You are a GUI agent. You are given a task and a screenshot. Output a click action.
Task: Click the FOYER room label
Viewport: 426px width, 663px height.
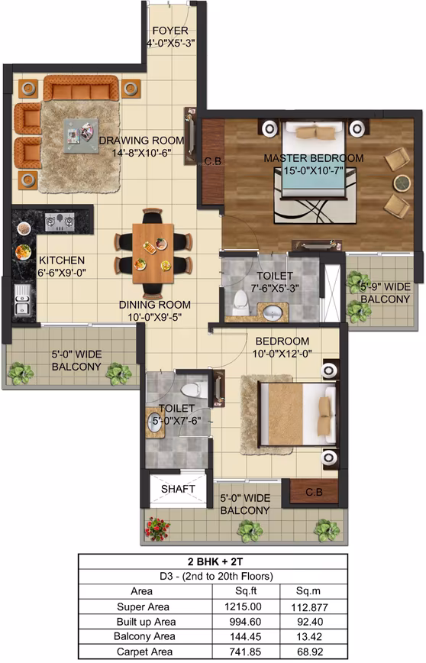pos(170,31)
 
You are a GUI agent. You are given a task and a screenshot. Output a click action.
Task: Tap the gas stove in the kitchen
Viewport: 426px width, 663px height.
pos(60,222)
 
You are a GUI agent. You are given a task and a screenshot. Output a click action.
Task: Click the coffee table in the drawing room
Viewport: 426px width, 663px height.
pos(81,136)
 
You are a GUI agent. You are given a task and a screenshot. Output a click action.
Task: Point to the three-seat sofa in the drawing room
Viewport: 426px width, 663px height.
pos(81,88)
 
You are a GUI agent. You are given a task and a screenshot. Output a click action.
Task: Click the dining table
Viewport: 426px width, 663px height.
pos(153,254)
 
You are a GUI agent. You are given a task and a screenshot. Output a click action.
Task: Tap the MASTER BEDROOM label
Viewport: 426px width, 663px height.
pos(314,158)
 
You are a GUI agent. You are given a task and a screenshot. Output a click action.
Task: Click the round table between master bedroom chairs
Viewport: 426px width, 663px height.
pos(402,183)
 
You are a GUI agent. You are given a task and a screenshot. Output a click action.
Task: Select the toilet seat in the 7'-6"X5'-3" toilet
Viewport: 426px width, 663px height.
pos(240,302)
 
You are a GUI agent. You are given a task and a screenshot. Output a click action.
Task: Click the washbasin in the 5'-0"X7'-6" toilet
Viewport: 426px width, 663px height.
pos(155,423)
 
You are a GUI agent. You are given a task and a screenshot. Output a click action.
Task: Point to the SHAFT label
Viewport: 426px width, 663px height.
pos(178,489)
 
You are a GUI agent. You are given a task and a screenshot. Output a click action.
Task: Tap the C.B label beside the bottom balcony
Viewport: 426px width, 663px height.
pos(314,492)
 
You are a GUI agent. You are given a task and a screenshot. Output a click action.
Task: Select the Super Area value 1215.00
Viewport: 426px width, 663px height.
pos(243,606)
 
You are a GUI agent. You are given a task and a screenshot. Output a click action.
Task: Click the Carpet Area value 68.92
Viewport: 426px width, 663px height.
pos(310,652)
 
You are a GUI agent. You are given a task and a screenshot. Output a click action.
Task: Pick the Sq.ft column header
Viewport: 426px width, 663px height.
pos(246,591)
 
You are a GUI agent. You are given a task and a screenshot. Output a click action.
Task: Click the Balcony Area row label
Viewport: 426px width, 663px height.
pos(144,637)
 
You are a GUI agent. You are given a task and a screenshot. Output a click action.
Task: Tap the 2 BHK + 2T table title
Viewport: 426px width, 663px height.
pos(215,561)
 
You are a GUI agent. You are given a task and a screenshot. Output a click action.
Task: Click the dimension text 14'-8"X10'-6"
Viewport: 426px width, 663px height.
pos(141,153)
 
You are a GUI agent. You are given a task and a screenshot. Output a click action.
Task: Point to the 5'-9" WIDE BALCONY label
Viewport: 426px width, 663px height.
pos(385,293)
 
